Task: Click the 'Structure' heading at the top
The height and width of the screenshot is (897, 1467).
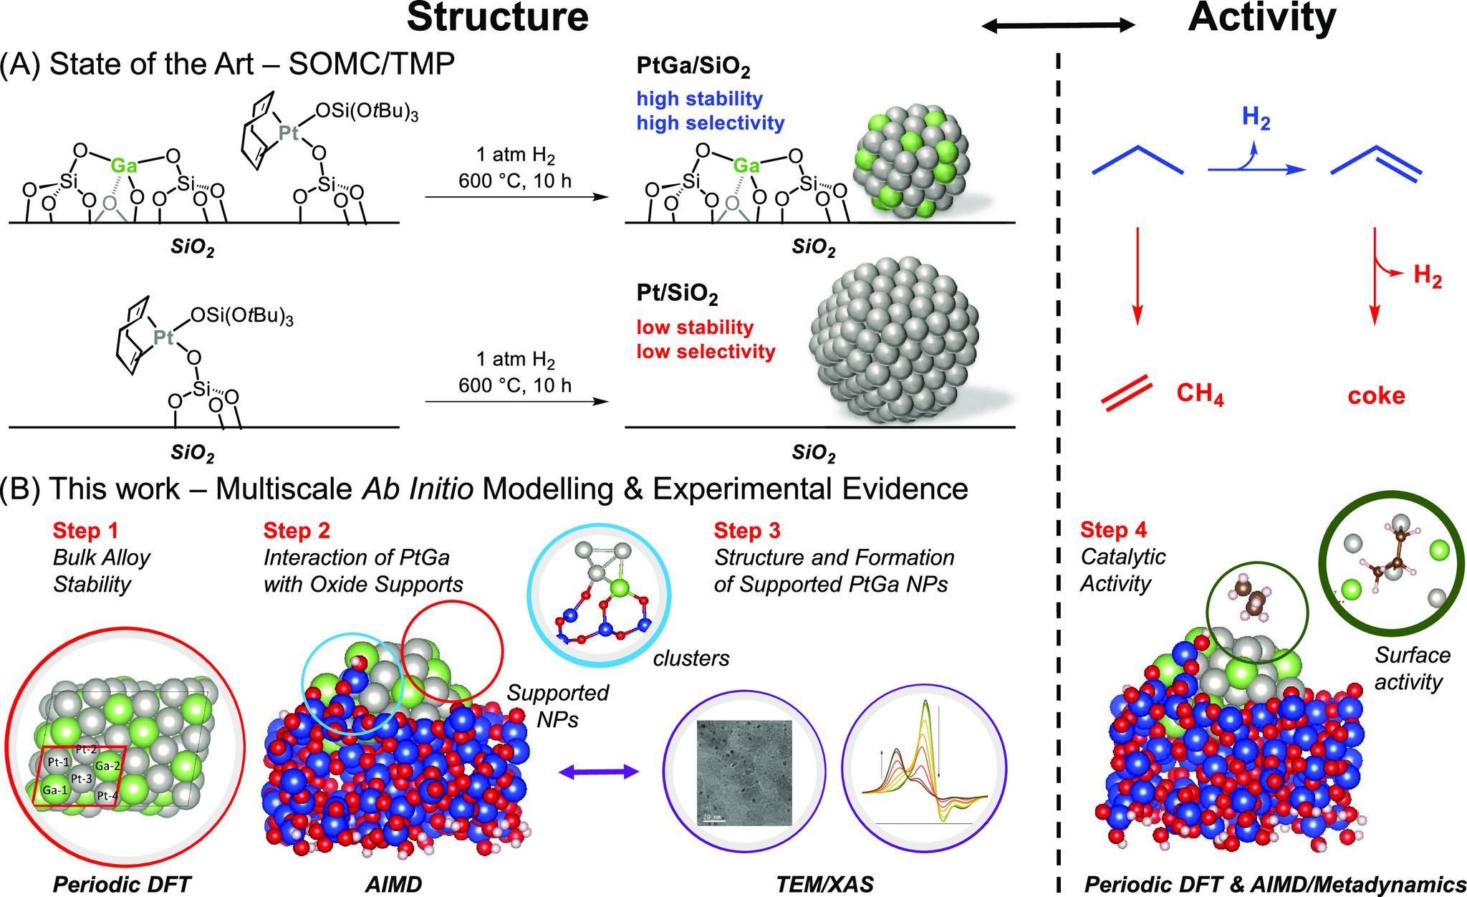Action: pyautogui.click(x=498, y=17)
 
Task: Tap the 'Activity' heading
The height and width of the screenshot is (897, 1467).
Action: pyautogui.click(x=1261, y=17)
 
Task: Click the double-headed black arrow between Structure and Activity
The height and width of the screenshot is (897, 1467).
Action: pyautogui.click(x=1058, y=26)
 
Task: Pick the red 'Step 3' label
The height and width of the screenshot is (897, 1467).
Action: pyautogui.click(x=746, y=531)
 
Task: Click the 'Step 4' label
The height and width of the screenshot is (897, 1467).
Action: pyautogui.click(x=1113, y=530)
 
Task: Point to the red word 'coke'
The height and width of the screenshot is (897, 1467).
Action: pyautogui.click(x=1376, y=395)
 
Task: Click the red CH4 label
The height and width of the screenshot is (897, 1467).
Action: pyautogui.click(x=1200, y=395)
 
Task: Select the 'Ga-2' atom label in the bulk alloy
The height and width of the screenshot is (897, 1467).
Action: pyautogui.click(x=107, y=764)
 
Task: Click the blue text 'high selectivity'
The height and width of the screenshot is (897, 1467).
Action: pyautogui.click(x=711, y=123)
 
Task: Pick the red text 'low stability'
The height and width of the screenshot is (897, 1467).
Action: pyautogui.click(x=695, y=328)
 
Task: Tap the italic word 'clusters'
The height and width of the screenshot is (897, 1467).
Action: pyautogui.click(x=691, y=658)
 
